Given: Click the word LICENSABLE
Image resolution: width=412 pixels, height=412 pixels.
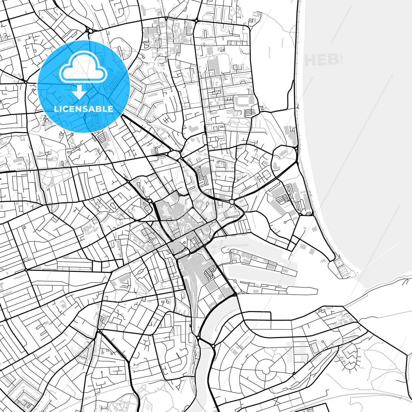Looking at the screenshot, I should (x=84, y=109).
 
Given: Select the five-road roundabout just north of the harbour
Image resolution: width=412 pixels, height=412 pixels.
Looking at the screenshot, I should (x=231, y=202).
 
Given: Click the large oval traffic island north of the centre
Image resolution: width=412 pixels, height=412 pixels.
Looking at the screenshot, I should (x=174, y=155).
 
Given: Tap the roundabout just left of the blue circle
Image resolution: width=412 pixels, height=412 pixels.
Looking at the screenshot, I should (x=26, y=82).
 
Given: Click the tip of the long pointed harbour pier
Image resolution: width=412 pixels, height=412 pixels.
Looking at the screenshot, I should (x=317, y=292).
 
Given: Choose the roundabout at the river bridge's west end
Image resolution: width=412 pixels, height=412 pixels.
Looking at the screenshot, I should (x=198, y=338).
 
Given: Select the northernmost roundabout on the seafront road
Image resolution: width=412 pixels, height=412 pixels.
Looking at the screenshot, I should (x=296, y=148).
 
